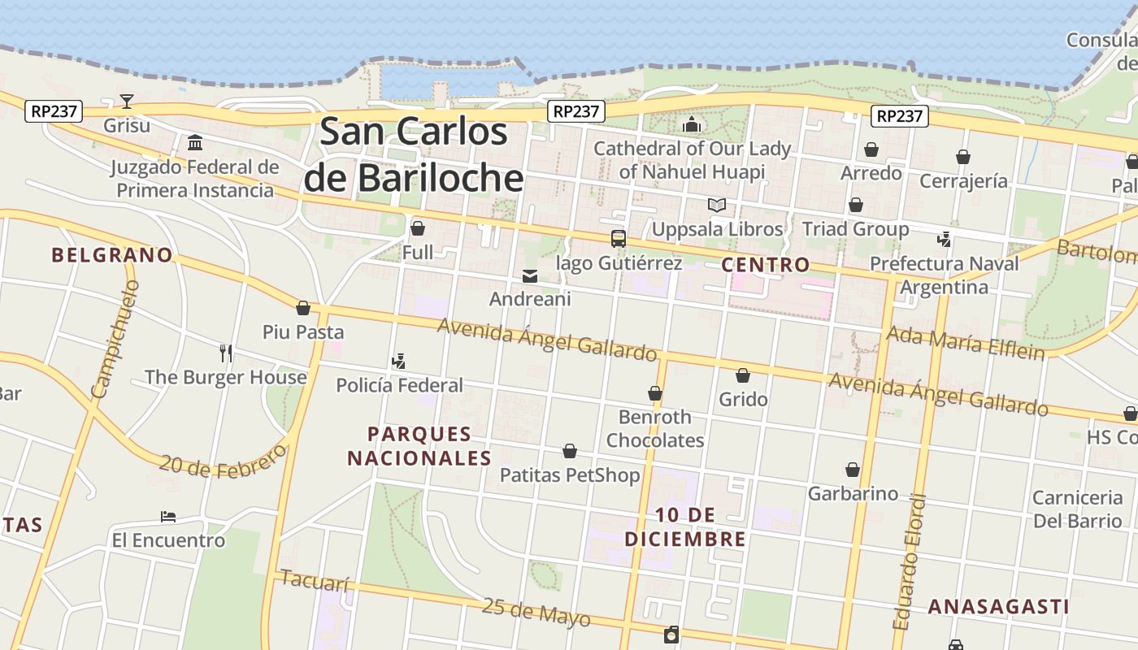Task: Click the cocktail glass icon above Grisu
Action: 127,102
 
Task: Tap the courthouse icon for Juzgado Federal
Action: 195,144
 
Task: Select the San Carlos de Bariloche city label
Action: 414,154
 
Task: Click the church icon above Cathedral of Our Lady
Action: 692,124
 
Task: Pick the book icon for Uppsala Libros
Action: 716,206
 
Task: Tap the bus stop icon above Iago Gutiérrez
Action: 619,239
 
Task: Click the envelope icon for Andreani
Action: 530,276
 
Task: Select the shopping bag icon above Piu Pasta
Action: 303,309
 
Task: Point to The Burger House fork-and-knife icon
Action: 226,353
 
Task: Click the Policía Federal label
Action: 399,385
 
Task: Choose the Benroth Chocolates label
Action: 655,428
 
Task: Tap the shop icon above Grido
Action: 743,375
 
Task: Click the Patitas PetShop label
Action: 570,474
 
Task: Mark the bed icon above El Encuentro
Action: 168,517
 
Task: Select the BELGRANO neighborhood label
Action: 112,255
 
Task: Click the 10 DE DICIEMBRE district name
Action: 685,526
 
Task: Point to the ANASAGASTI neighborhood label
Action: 998,607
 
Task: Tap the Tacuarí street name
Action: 315,581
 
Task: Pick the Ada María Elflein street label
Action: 965,342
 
